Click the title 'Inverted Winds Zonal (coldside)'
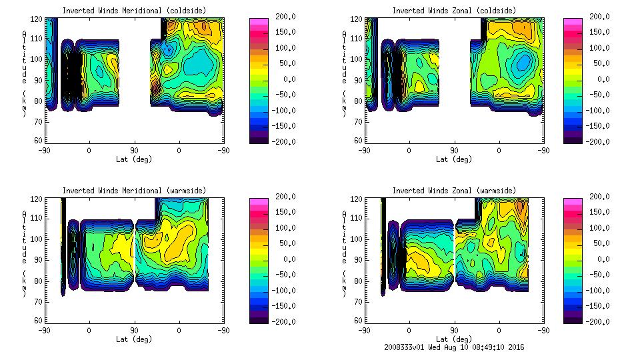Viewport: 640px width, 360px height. point(454,11)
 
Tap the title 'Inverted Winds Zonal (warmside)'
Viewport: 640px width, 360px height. point(454,191)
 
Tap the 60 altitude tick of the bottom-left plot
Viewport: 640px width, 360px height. point(39,321)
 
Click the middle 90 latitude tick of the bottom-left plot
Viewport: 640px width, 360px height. point(134,330)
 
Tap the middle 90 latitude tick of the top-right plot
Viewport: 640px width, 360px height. point(454,150)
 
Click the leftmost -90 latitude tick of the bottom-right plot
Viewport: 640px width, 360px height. point(363,330)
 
